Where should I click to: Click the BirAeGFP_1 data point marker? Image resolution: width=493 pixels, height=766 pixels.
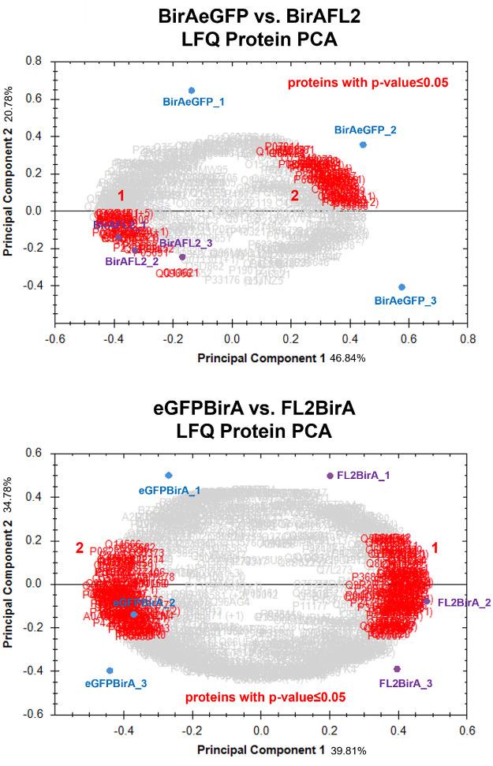[192, 91]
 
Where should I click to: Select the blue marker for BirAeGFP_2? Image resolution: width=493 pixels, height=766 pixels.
[363, 144]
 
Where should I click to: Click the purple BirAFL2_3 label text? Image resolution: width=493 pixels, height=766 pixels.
[186, 244]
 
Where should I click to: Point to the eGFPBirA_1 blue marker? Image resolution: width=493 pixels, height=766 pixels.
[169, 475]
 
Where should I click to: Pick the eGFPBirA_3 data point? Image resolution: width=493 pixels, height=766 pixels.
[110, 671]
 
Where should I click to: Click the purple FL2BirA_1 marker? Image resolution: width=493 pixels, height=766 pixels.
[330, 476]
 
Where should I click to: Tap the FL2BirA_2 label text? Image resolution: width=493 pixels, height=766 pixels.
[464, 603]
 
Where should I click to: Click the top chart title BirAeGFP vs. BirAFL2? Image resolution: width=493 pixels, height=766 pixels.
[246, 17]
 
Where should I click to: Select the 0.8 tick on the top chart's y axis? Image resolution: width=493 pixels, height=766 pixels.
[34, 60]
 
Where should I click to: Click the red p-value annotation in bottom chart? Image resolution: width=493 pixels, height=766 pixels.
[266, 697]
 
